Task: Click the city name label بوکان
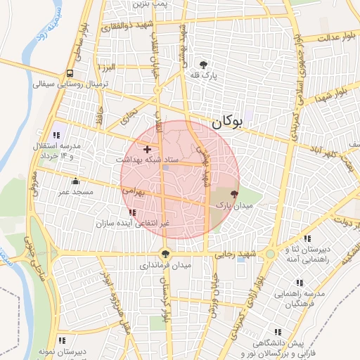[227, 122]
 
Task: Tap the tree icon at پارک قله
[205, 63]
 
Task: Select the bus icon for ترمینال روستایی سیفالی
[70, 73]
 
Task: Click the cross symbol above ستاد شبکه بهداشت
[147, 149]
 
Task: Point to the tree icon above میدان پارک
[234, 194]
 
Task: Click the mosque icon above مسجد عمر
[76, 181]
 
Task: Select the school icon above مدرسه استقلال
[56, 134]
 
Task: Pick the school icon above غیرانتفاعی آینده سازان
[133, 212]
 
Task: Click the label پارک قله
[205, 74]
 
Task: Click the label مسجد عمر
[74, 191]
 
